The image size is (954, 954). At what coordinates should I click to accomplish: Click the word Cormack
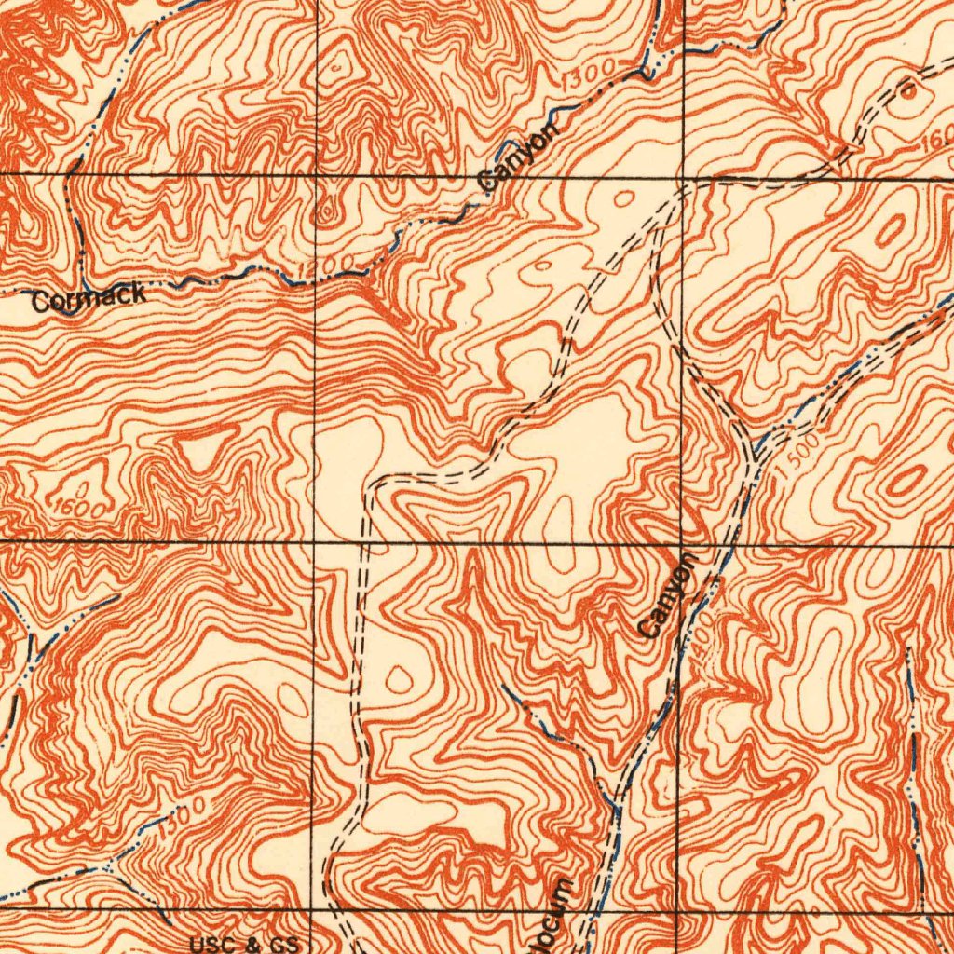pos(88,298)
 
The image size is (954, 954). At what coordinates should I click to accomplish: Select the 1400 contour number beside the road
pos(701,643)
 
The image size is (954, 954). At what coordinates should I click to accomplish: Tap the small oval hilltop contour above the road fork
pos(622,198)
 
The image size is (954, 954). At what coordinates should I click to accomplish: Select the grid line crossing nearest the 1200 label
pos(317,174)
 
